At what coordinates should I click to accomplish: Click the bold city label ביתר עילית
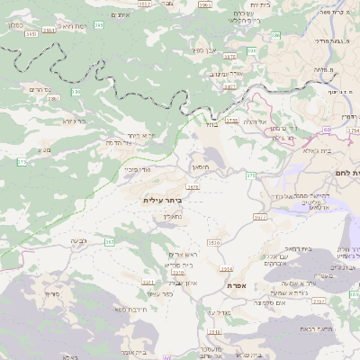coord(163,200)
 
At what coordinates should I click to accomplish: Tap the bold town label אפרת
coord(238,285)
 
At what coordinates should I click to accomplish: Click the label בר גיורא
coord(75,121)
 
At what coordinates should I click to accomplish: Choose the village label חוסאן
coord(200,166)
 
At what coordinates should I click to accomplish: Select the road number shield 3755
coord(232,119)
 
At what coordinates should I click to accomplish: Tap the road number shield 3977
coord(260,217)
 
